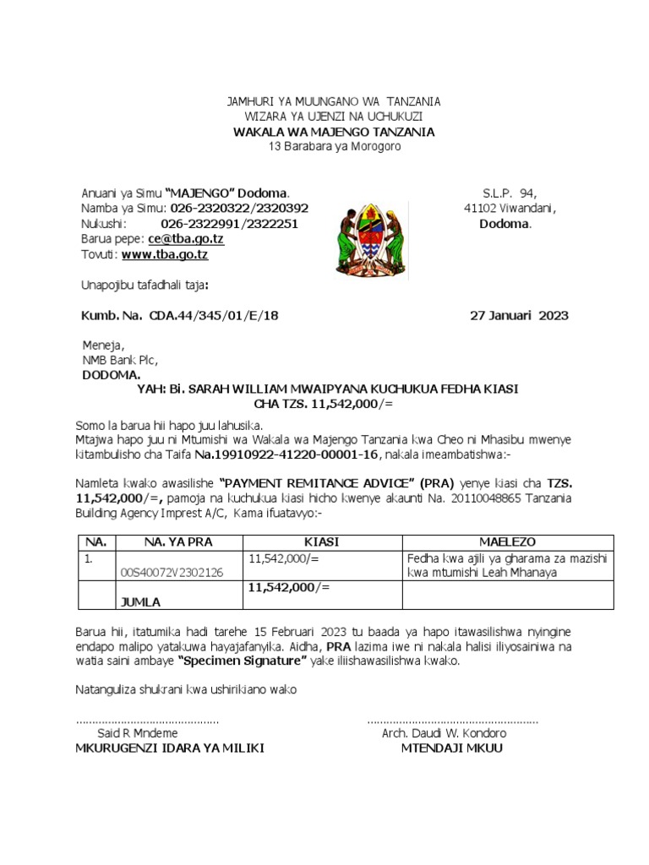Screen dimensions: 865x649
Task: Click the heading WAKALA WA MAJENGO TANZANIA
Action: click(x=334, y=132)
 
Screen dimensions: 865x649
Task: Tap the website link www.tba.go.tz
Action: click(x=165, y=254)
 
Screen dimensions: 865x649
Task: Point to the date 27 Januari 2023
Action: click(x=519, y=316)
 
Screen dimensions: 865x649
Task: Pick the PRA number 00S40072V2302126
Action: click(x=173, y=573)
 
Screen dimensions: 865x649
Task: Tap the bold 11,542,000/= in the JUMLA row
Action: click(x=289, y=587)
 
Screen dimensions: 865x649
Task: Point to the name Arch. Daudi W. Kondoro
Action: click(x=444, y=733)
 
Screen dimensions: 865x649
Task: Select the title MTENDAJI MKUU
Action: click(x=451, y=748)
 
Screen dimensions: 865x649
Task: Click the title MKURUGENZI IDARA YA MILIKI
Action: click(x=170, y=748)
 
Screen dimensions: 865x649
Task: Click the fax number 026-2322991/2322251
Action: click(x=229, y=224)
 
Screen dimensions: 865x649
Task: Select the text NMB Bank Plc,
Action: click(x=120, y=360)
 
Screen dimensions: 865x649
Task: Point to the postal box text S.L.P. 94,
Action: click(x=510, y=193)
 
